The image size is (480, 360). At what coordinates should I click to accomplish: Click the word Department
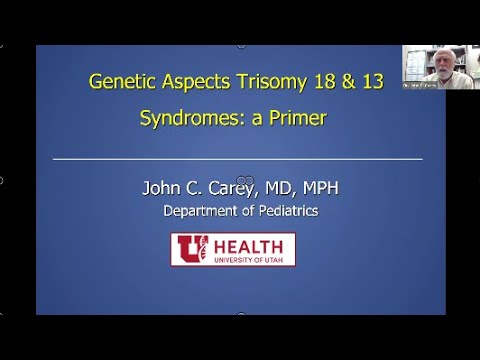(x=204, y=211)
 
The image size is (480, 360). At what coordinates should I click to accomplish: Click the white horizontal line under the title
(x=237, y=159)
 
